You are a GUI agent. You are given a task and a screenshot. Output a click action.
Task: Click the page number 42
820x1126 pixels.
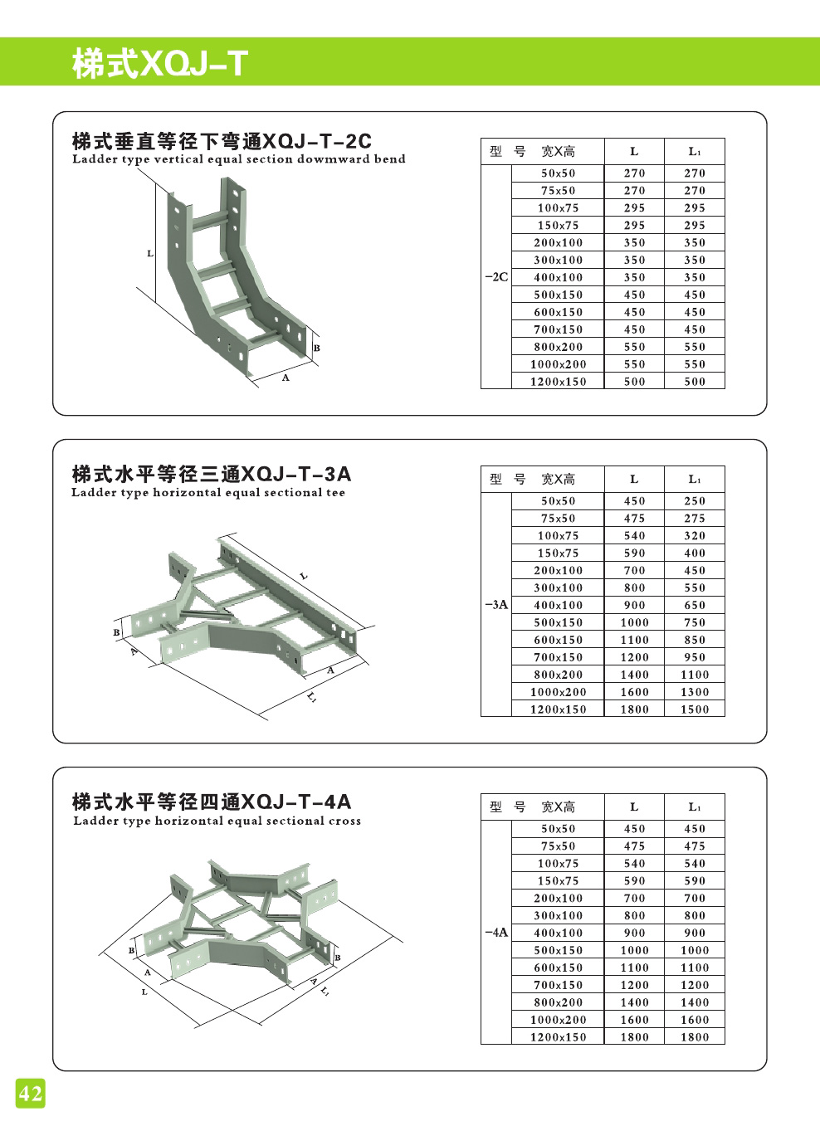point(30,1094)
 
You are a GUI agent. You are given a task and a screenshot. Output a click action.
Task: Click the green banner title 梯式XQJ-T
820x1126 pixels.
point(160,63)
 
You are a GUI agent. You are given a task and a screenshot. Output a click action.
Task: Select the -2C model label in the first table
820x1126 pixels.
point(496,277)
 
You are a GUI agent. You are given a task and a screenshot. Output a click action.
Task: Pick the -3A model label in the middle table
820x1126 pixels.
point(496,605)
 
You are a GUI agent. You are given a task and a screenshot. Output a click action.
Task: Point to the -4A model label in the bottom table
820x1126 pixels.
point(496,933)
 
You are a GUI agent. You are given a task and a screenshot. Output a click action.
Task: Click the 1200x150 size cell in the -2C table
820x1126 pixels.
point(558,382)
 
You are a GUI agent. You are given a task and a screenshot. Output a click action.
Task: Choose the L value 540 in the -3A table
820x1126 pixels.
point(634,536)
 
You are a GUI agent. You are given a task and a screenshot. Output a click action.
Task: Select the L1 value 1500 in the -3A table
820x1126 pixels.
point(695,709)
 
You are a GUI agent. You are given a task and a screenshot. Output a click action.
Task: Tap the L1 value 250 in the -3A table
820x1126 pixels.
point(695,501)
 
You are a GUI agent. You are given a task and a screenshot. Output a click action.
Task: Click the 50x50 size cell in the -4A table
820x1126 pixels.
point(558,829)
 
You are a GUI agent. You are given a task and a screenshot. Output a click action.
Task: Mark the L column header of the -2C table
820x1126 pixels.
point(634,151)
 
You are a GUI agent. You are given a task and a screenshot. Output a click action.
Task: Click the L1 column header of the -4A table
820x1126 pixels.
point(695,807)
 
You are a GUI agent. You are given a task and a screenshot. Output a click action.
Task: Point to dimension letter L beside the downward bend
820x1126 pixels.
point(150,253)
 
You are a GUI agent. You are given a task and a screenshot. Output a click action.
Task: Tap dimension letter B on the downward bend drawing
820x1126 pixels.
point(317,348)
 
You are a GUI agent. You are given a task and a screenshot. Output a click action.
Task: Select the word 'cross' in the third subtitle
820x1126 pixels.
point(345,821)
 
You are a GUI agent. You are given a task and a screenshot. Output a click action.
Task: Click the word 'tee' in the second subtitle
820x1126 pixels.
point(335,493)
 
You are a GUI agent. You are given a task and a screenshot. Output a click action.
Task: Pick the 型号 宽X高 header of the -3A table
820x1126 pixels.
point(533,479)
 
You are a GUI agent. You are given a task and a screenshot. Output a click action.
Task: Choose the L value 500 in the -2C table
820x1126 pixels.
point(634,382)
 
